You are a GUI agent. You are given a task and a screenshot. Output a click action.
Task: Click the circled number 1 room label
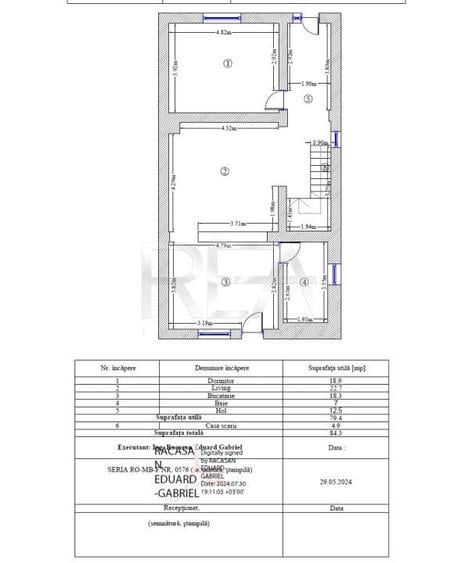(227, 63)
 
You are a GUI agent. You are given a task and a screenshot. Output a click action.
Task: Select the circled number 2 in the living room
(225, 172)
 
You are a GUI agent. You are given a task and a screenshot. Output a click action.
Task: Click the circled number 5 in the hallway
(309, 99)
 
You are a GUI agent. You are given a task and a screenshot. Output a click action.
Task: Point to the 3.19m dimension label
(204, 323)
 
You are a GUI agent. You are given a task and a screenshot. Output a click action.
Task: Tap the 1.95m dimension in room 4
(308, 319)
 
